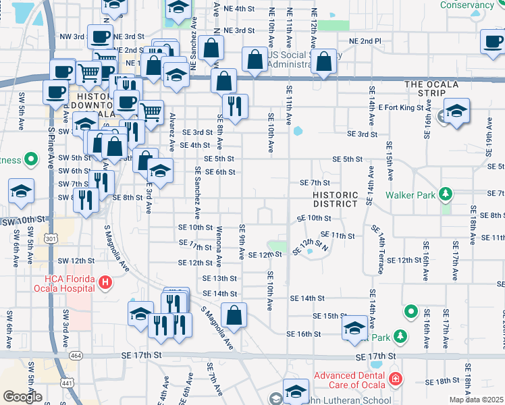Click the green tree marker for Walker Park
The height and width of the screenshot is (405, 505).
pyautogui.click(x=445, y=194)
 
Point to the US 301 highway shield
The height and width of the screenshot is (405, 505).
pyautogui.click(x=49, y=238)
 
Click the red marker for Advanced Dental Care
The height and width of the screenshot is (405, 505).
pyautogui.click(x=396, y=381)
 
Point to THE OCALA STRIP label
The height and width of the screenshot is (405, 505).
pyautogui.click(x=431, y=84)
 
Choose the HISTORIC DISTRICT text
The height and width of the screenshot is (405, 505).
pyautogui.click(x=335, y=198)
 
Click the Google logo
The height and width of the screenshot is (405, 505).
pyautogui.click(x=22, y=397)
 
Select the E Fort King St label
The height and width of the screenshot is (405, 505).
pyautogui.click(x=404, y=107)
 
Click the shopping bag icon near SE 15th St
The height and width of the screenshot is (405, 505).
pyautogui.click(x=234, y=316)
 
